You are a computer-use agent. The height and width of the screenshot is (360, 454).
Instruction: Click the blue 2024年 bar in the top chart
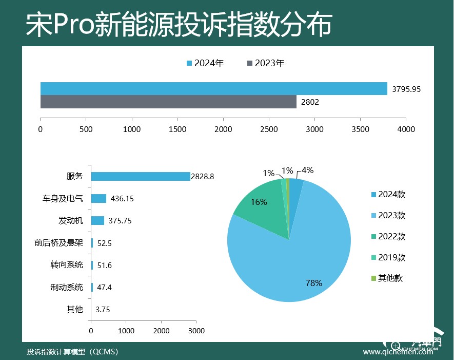click(214, 89)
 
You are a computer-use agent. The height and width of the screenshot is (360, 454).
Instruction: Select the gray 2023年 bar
click(168, 102)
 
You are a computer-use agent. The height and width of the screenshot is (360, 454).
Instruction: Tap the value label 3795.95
click(406, 89)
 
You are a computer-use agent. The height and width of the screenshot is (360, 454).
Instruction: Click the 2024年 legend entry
click(205, 63)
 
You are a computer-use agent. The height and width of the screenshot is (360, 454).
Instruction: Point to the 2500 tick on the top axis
click(269, 129)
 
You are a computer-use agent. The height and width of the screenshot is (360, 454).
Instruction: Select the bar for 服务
click(141, 176)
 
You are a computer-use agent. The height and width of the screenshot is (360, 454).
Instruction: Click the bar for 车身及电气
click(98, 199)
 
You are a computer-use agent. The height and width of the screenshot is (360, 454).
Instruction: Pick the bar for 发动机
click(97, 221)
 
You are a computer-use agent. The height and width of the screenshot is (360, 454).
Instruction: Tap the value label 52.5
click(105, 243)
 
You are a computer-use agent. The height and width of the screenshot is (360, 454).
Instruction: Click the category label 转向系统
click(67, 265)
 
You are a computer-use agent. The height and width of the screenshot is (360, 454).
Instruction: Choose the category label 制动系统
click(67, 287)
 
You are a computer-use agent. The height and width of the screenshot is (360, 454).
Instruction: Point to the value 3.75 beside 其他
click(103, 310)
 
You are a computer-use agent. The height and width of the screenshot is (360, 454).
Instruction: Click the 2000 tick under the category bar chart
click(161, 331)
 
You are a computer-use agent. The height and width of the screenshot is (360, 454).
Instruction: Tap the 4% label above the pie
click(307, 170)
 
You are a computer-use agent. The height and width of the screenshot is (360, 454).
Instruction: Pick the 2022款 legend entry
click(388, 237)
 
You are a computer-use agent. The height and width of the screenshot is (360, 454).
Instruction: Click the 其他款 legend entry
click(387, 278)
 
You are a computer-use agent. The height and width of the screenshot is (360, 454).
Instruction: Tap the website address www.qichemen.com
click(398, 352)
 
